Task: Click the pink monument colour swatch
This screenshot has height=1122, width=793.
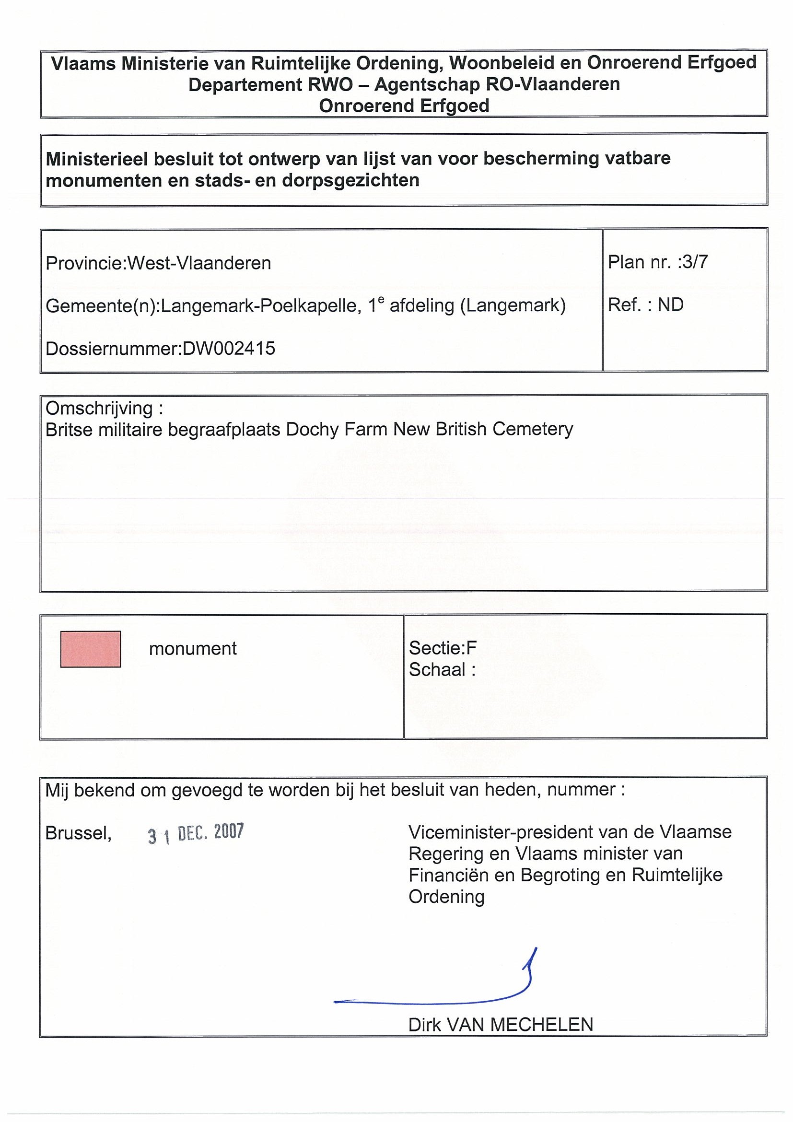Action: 91,649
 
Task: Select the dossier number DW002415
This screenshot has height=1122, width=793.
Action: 229,349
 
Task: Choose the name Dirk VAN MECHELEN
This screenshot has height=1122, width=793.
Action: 501,1025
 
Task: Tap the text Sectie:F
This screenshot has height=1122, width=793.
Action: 442,648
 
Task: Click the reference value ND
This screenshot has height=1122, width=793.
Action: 670,305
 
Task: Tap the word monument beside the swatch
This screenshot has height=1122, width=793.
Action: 193,649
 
